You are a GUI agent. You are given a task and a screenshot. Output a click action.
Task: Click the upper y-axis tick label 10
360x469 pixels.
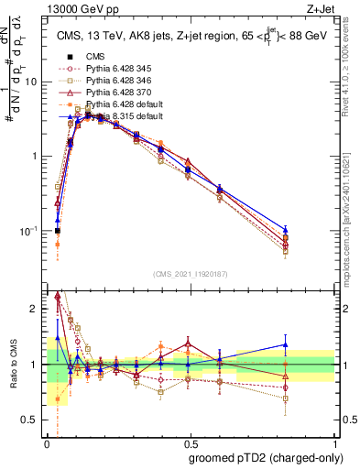click(x=32, y=82)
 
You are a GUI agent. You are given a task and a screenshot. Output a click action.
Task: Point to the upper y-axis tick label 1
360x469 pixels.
click(x=35, y=156)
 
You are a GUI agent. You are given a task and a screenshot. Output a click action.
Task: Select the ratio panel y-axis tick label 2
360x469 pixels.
click(x=35, y=309)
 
